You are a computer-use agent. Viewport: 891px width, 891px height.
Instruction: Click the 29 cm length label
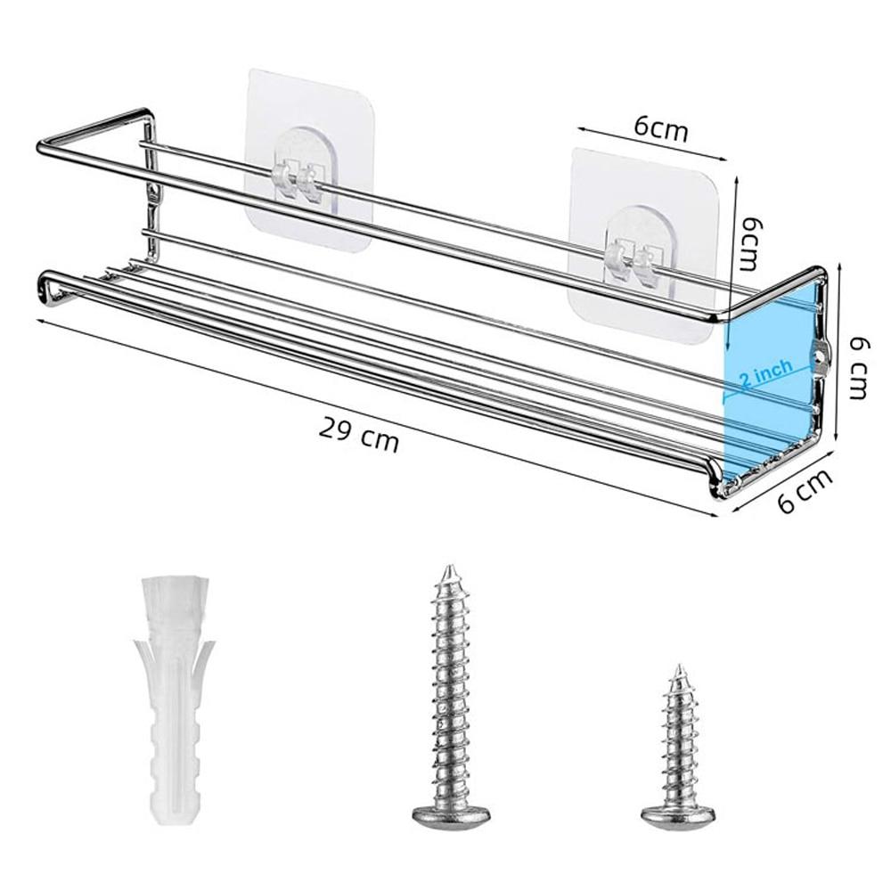pyautogui.click(x=358, y=433)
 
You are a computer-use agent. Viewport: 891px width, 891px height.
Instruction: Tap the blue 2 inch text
pyautogui.click(x=765, y=377)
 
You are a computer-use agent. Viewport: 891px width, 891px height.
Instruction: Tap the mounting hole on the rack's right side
pyautogui.click(x=819, y=356)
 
